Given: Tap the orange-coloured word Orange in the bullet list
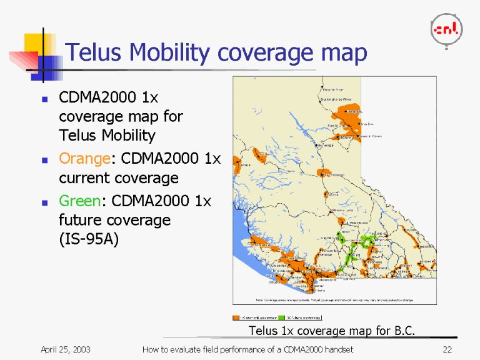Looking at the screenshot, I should pyautogui.click(x=84, y=158).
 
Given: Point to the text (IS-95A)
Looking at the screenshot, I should pyautogui.click(x=88, y=239).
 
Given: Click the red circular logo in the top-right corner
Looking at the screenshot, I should pyautogui.click(x=446, y=29).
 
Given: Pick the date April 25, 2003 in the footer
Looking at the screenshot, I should pyautogui.click(x=66, y=349).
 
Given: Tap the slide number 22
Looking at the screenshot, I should pyautogui.click(x=446, y=349).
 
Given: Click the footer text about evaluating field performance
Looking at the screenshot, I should pyautogui.click(x=247, y=349).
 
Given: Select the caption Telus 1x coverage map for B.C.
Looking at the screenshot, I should pyautogui.click(x=332, y=330).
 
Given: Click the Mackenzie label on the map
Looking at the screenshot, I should pyautogui.click(x=324, y=145).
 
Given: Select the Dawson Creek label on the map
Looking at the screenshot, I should pyautogui.click(x=370, y=136).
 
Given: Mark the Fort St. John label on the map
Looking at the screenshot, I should pyautogui.click(x=338, y=126).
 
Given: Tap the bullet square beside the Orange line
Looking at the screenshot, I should pyautogui.click(x=44, y=159).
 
